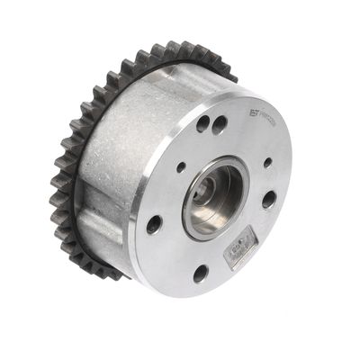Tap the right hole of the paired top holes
tap(219, 126)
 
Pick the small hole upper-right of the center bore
tap(267, 163)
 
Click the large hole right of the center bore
tap(268, 200)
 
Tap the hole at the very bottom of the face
tap(200, 273)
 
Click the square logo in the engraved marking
tap(254, 115)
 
